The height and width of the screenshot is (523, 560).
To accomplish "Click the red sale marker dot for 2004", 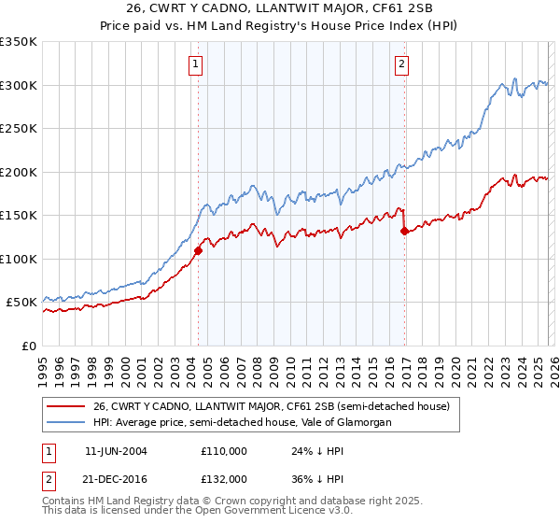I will [x=198, y=250].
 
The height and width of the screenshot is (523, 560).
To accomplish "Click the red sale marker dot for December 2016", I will [x=404, y=232].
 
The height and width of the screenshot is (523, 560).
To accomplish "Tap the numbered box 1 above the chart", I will [x=196, y=64].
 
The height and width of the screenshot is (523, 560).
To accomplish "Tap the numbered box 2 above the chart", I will [x=401, y=64].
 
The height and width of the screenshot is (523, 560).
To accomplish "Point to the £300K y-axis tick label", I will [x=19, y=85].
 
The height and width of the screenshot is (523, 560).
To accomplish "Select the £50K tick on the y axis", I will [x=22, y=303].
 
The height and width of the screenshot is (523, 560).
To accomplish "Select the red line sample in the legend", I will [x=65, y=406].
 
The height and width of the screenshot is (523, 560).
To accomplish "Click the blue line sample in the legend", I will [x=65, y=423].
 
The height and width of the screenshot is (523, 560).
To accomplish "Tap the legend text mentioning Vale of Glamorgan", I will [x=242, y=423].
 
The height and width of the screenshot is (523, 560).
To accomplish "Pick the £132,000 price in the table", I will [x=224, y=479].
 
